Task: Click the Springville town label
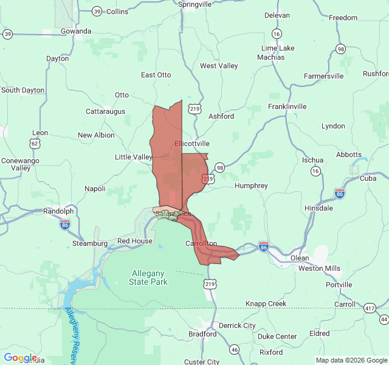point(194,4)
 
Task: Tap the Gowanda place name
point(76,31)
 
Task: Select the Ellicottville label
point(191,144)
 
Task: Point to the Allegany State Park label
point(149,277)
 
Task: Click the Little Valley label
point(134,157)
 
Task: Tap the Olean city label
point(300,258)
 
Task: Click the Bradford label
point(202,334)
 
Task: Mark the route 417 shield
point(370,309)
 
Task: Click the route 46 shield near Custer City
point(235,349)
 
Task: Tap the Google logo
point(20,358)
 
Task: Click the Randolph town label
point(58,211)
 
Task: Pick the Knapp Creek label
point(266,304)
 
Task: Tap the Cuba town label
point(368,178)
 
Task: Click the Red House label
point(135,242)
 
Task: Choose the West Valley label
point(219,66)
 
